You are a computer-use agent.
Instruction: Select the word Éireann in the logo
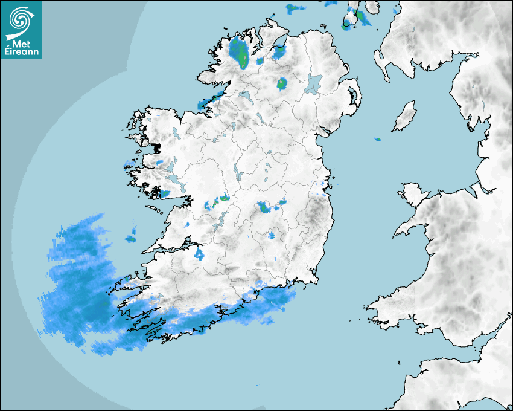click(x=23, y=51)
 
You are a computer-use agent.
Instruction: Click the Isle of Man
click(x=405, y=117)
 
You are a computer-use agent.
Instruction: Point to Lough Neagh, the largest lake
click(x=314, y=83)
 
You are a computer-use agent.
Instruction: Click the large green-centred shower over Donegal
click(x=240, y=53)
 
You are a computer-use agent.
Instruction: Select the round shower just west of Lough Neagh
click(x=282, y=83)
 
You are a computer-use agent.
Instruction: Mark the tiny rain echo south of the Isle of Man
click(x=378, y=140)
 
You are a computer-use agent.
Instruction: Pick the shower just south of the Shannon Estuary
click(x=199, y=254)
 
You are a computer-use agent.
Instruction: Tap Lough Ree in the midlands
click(x=238, y=175)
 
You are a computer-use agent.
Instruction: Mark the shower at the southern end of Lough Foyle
click(x=279, y=52)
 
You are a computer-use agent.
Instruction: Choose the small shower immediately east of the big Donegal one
click(x=260, y=61)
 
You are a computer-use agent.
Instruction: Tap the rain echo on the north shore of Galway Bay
click(x=164, y=193)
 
